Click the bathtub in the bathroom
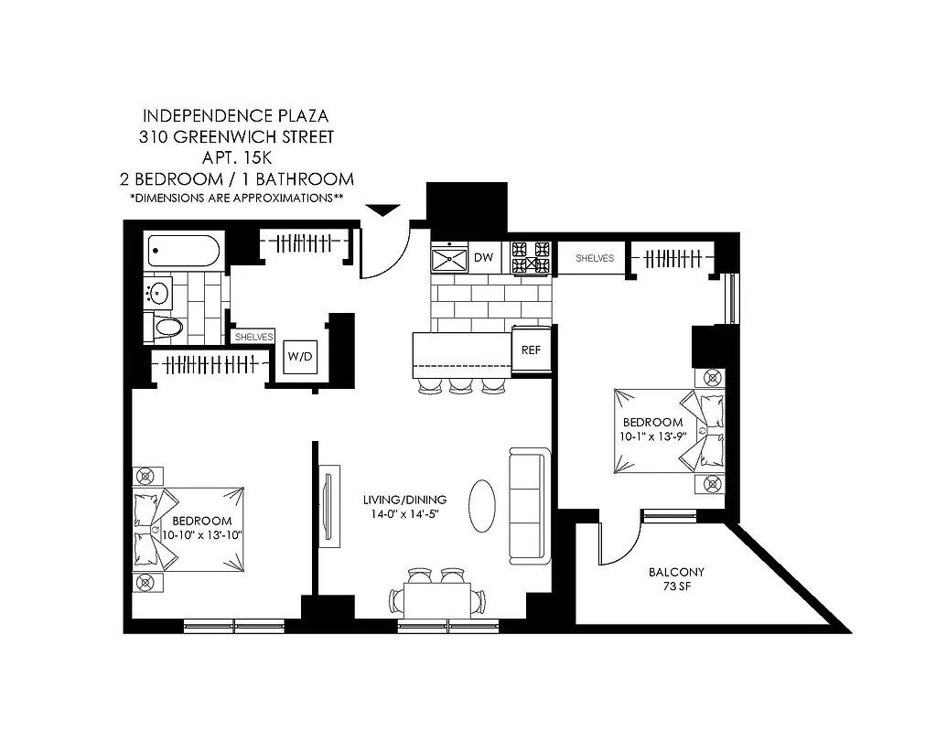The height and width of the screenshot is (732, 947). [x=184, y=251]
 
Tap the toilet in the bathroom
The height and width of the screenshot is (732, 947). [x=165, y=327]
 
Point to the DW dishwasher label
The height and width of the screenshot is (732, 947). [x=483, y=258]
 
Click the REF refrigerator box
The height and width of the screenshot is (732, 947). [x=531, y=350]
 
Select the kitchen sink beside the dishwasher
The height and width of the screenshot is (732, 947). [x=449, y=258]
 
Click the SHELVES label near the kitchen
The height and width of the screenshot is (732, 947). [x=595, y=259]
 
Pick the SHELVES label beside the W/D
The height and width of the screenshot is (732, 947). [x=253, y=337]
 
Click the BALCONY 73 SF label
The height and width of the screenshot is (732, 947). [x=676, y=579]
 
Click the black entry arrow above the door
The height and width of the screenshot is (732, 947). [x=383, y=210]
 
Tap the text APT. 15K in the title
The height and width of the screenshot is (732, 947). [x=237, y=158]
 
